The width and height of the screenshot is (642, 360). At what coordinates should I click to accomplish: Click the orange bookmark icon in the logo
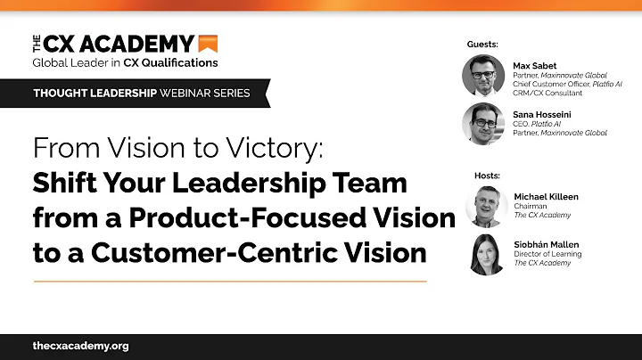[209, 43]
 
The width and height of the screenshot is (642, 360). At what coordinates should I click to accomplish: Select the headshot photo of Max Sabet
[484, 75]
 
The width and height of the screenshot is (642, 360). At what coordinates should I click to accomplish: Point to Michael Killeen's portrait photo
[487, 205]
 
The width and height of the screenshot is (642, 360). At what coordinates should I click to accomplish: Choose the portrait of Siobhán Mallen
[487, 255]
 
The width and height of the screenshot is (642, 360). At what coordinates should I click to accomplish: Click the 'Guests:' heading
[483, 44]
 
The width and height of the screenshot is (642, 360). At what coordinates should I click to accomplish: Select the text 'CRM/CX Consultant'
[547, 93]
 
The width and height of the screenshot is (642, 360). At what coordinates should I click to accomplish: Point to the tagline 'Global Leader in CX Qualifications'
[125, 62]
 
